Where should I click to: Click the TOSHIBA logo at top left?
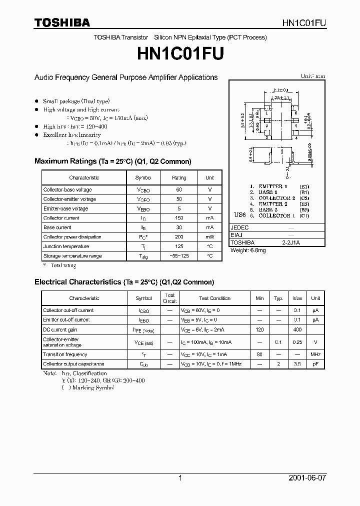pos(62,22)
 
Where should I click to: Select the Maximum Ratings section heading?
pos(112,161)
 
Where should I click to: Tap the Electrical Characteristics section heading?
pos(124,282)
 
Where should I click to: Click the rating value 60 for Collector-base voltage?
pos(179,189)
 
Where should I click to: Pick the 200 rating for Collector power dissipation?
pos(179,237)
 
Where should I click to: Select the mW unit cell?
pos(209,237)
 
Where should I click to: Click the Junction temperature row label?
pos(66,246)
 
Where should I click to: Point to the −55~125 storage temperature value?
pos(179,256)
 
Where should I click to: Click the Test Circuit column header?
pos(170,298)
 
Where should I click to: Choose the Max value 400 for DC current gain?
pos(297,330)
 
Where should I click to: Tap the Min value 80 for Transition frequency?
pos(259,354)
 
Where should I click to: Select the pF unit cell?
pos(315,364)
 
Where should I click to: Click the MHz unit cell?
pos(315,354)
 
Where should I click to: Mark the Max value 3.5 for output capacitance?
pos(297,364)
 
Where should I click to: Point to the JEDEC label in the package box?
pos(239,226)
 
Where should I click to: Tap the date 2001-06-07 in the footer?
pos(307,478)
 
